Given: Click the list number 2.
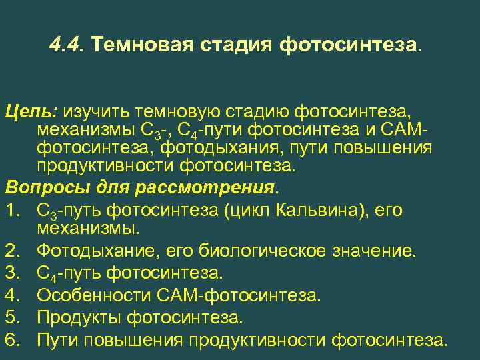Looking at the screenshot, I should (11, 251).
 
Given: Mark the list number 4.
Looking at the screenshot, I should (11, 295).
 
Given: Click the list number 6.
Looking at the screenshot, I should (11, 340).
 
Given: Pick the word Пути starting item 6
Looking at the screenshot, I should (58, 340).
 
